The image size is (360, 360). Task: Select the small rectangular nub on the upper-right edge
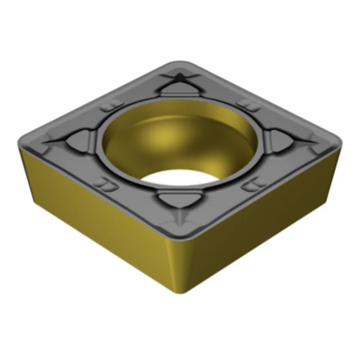(x=247, y=104)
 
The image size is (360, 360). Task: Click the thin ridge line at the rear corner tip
(x=180, y=74)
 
